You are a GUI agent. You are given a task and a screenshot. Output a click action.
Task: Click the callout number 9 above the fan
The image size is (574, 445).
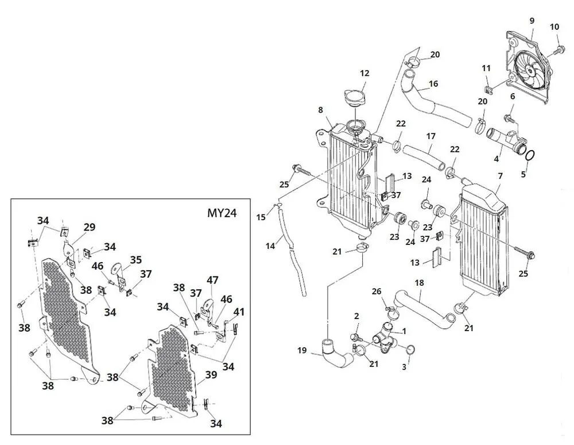coord(532,21)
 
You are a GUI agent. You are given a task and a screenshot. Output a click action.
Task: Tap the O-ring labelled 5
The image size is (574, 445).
coord(531,155)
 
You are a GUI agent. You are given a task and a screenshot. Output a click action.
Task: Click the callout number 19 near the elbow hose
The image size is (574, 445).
coord(302,350)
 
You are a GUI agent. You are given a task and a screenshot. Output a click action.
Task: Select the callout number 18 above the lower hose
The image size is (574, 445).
coord(420,283)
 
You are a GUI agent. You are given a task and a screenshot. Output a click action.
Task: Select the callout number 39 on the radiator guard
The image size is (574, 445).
coord(211,374)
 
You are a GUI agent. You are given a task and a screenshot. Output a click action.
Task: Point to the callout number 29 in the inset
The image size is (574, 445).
coord(89,228)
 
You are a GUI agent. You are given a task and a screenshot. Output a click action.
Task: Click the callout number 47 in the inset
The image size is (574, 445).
coord(213,281)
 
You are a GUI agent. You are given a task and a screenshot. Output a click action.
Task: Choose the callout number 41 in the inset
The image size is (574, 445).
coord(239,312)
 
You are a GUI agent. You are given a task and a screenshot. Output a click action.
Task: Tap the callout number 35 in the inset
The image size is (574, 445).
coord(135,259)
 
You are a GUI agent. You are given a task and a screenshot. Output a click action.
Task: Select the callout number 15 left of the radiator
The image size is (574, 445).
coord(261,217)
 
